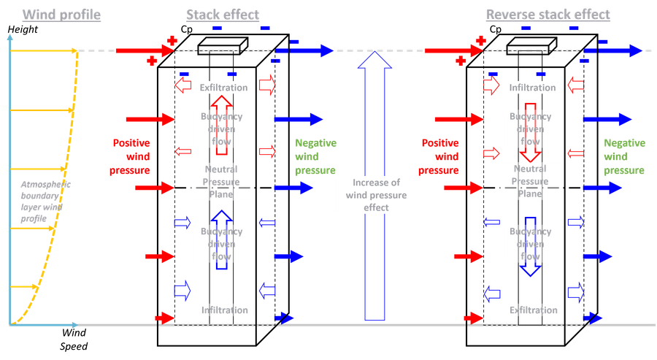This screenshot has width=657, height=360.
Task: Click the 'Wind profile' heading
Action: click(62, 15)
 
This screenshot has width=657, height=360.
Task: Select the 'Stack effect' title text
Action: click(223, 15)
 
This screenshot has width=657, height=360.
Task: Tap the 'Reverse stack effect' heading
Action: click(548, 15)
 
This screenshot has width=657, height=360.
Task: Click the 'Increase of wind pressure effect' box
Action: click(375, 195)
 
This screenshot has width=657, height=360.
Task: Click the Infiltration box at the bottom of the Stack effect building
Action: click(224, 310)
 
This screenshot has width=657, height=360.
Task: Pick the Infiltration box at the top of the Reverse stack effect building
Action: click(533, 88)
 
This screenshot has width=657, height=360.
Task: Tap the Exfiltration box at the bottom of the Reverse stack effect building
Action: click(533, 310)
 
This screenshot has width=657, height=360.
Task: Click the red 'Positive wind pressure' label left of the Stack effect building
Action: click(132, 156)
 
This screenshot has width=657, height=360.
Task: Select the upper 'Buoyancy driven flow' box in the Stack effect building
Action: click(221, 129)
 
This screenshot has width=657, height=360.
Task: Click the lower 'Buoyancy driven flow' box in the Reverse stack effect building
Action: click(530, 244)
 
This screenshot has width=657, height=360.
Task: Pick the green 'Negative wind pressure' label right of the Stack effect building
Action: click(315, 156)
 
